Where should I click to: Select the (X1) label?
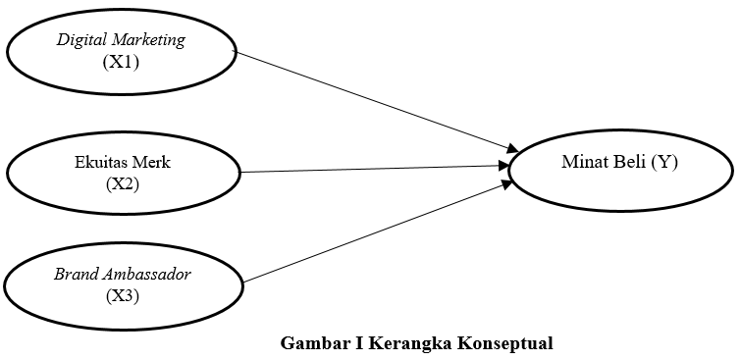[x=122, y=61]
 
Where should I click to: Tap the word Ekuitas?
[x=100, y=163]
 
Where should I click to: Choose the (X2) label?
[x=123, y=182]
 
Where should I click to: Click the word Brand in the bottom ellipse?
[x=75, y=274]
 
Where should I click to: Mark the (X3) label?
[x=123, y=294]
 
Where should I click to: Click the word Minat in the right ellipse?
[x=582, y=163]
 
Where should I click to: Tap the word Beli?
[x=628, y=163]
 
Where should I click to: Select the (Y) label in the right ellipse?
[x=664, y=163]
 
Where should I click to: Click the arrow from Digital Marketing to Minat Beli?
[x=373, y=99]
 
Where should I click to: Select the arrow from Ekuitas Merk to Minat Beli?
[x=373, y=169]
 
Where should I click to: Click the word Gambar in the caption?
[x=312, y=343]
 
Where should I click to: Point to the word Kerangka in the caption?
[x=412, y=343]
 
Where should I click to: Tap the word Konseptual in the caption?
[x=503, y=343]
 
